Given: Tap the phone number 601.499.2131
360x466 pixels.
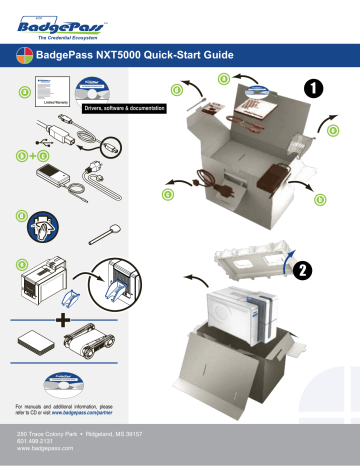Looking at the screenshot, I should click(x=38, y=442).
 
